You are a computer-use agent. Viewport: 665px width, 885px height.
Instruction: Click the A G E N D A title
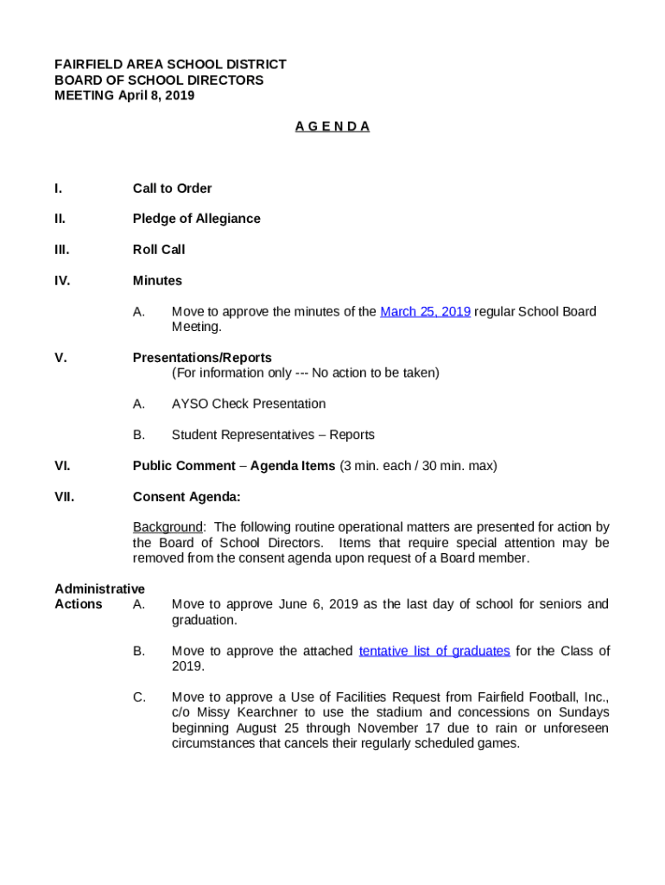[332, 127]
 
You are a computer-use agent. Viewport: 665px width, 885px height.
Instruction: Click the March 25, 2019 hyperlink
[425, 312]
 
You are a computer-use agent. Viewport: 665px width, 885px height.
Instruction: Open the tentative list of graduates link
[434, 651]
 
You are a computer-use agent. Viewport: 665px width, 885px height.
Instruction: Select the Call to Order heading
[172, 188]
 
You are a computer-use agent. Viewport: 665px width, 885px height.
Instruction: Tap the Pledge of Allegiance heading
[196, 219]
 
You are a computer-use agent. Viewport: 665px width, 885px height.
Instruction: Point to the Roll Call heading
[159, 250]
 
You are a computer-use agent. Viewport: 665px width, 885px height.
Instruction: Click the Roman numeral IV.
[62, 281]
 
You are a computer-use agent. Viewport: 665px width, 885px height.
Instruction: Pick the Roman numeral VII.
[64, 497]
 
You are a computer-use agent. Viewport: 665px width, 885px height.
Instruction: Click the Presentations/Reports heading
[202, 358]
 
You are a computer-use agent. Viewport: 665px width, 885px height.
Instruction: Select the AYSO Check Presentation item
[249, 404]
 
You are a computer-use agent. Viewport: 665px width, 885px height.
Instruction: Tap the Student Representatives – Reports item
[273, 435]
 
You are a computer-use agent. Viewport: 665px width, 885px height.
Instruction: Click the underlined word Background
[167, 527]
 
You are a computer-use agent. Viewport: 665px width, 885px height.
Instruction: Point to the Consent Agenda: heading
[187, 497]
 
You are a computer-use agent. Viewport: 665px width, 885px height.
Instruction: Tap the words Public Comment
[184, 466]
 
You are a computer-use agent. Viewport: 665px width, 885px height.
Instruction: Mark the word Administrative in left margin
[99, 589]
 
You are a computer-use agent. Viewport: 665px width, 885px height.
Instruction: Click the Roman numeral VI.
[62, 466]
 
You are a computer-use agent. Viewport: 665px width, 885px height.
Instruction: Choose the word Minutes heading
[157, 281]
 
